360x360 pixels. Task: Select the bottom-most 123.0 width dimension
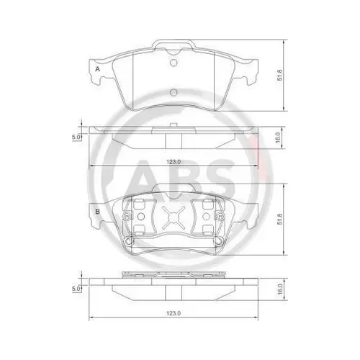(171, 315)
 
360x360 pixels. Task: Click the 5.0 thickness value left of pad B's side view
(74, 289)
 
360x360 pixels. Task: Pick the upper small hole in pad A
(173, 62)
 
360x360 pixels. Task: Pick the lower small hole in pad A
(173, 93)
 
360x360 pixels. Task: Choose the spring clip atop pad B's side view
(173, 274)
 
